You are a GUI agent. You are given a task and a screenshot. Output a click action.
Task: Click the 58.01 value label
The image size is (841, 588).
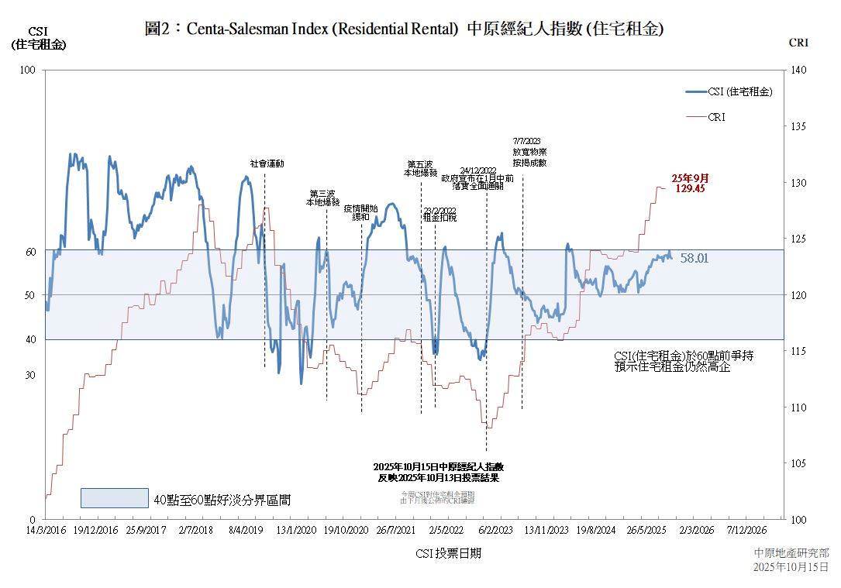pos(694,258)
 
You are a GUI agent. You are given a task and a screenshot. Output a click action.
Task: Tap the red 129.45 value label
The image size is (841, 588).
pos(689,188)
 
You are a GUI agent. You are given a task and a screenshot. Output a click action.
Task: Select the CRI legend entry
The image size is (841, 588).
pos(716,117)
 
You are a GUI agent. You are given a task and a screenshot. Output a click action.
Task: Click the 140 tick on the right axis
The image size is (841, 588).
pos(798,70)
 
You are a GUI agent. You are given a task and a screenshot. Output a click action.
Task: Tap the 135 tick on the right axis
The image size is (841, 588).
pos(798,126)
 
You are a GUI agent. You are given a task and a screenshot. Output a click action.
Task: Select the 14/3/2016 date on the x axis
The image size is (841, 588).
pos(45,530)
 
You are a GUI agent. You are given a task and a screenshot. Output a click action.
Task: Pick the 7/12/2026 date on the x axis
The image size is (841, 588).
pos(746,530)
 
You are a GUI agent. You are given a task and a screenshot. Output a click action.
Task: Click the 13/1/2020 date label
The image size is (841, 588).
pos(296,530)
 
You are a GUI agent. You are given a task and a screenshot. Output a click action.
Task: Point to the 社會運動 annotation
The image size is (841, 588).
pos(267,164)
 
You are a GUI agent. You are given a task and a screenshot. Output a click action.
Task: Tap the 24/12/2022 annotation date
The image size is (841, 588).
pos(477,170)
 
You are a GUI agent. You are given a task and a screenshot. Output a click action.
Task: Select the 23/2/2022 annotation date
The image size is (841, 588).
pos(439,210)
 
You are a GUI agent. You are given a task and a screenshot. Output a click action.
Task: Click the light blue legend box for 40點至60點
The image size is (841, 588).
pos(114,497)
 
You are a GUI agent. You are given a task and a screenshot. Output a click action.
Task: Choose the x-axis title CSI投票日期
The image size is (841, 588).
pos(447,553)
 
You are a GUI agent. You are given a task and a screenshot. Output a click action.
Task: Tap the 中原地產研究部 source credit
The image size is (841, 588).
pos(791,553)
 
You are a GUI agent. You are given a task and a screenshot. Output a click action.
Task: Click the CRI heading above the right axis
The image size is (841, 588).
pos(798,43)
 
